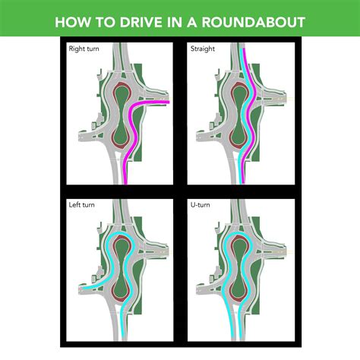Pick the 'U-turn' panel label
(200, 205)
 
